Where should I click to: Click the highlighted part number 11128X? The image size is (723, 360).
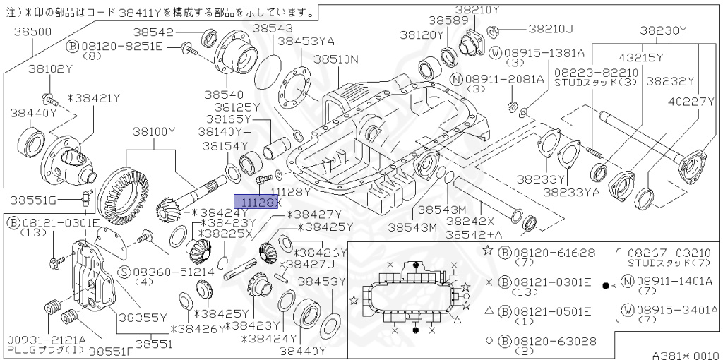257,203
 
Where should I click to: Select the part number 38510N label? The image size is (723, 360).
336,59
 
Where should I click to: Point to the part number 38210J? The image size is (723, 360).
550,29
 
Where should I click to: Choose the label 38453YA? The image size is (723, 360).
306,42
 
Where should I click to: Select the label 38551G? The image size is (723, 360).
32,200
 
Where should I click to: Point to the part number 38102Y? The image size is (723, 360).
50,68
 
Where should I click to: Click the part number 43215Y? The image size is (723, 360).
641,57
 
